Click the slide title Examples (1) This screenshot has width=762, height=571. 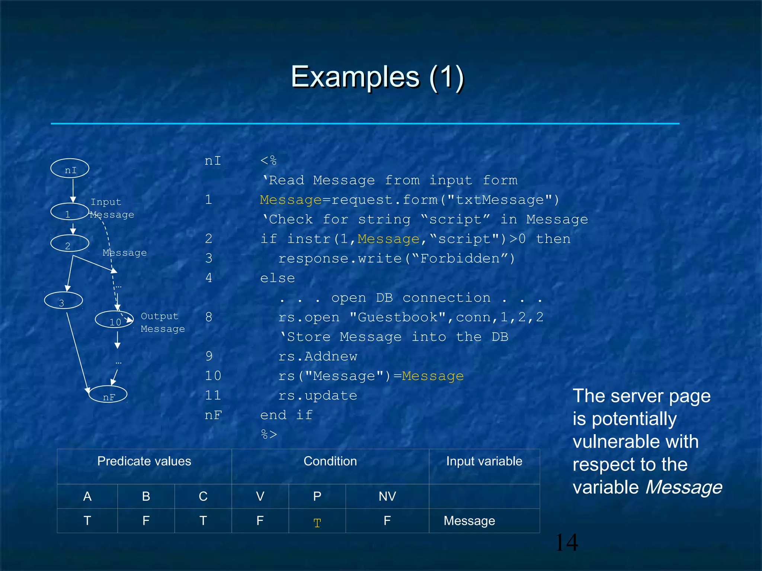(x=377, y=77)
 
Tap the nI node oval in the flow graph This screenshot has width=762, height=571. (x=70, y=169)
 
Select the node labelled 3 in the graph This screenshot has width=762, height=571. (x=63, y=301)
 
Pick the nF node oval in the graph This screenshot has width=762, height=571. (x=108, y=395)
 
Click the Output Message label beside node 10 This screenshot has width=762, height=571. (x=162, y=322)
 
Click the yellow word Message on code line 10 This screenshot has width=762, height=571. (x=433, y=376)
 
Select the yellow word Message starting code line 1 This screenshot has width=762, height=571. (x=291, y=200)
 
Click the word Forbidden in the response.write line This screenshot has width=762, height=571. (x=460, y=258)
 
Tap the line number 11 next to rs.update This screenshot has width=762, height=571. (x=213, y=395)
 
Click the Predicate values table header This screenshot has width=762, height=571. (x=144, y=461)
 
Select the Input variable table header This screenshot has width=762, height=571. (x=484, y=461)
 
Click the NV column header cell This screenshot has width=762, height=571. (x=387, y=496)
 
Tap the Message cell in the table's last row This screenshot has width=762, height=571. (x=469, y=521)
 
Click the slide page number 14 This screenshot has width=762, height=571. (x=566, y=542)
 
